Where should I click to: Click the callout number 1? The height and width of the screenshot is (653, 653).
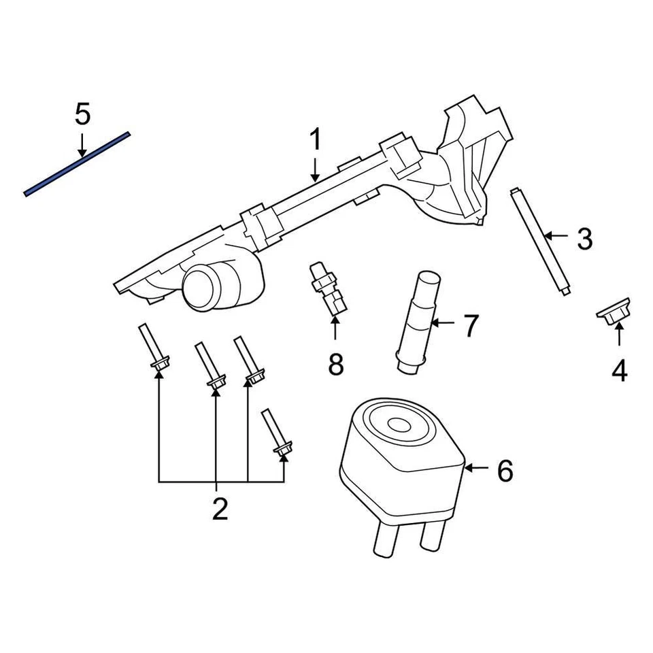coord(315,141)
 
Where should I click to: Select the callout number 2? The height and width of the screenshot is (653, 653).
coord(219,509)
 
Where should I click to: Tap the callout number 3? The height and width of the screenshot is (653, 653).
coord(584,238)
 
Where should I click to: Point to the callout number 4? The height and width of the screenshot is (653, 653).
coord(619,371)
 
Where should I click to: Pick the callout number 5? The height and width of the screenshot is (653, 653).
coord(82,114)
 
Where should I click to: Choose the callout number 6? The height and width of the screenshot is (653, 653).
coord(504,470)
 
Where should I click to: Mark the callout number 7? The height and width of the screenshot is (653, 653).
coord(471,326)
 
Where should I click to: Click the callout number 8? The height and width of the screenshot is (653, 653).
coord(336,365)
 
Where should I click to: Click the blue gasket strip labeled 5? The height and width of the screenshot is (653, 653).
coord(76,164)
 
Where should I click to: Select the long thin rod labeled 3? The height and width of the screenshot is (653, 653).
coord(541,242)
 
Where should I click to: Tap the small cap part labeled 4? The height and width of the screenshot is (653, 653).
coord(614,312)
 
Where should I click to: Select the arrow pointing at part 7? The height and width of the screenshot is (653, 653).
coord(443,323)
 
